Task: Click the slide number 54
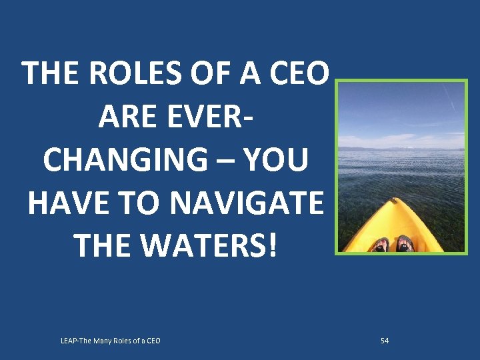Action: tap(385, 341)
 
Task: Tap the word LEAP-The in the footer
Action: tap(76, 341)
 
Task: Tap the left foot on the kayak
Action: tap(381, 245)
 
